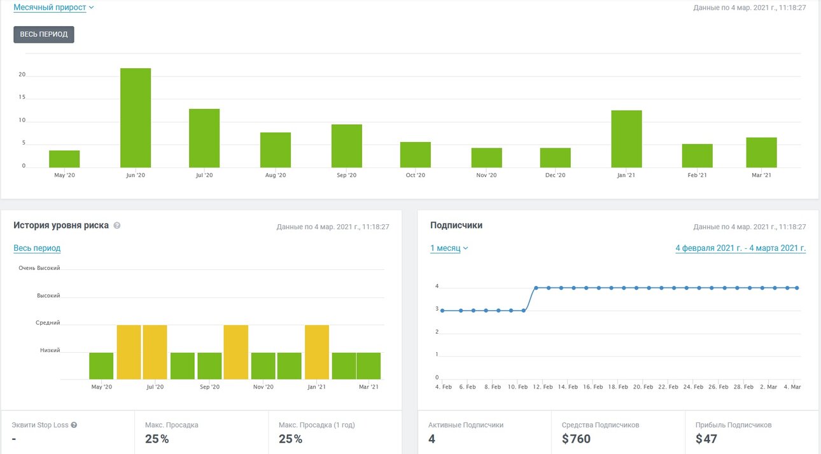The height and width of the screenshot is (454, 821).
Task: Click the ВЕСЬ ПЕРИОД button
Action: click(x=44, y=34)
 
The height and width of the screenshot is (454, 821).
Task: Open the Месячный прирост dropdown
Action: click(x=53, y=8)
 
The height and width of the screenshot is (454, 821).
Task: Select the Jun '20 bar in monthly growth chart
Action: click(x=136, y=118)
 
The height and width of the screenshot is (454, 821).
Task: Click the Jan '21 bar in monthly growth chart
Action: click(x=626, y=139)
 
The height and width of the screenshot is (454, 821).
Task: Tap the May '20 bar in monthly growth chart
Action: click(x=64, y=159)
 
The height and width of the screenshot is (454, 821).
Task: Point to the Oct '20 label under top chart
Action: click(x=415, y=175)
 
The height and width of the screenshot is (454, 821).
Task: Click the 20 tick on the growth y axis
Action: click(x=22, y=74)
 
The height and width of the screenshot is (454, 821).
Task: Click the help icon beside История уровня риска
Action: click(x=117, y=225)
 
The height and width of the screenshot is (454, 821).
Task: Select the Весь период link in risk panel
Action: click(x=37, y=248)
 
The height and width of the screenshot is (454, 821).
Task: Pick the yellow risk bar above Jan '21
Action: click(x=317, y=352)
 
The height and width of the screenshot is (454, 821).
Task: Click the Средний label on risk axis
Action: click(x=48, y=323)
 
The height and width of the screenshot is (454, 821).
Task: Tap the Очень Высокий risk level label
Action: click(x=39, y=268)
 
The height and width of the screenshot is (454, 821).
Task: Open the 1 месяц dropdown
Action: click(x=449, y=248)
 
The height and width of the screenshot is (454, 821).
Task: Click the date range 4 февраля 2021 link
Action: click(x=740, y=248)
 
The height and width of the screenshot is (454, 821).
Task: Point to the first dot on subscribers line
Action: click(x=442, y=311)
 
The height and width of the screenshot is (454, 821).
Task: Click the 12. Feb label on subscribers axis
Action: click(x=543, y=387)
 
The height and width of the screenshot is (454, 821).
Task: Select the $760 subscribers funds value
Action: click(x=576, y=439)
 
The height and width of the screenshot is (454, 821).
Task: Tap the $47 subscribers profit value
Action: click(x=706, y=439)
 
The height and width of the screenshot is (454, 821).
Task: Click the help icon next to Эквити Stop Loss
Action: click(x=74, y=425)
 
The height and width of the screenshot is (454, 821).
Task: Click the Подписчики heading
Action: click(x=456, y=225)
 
